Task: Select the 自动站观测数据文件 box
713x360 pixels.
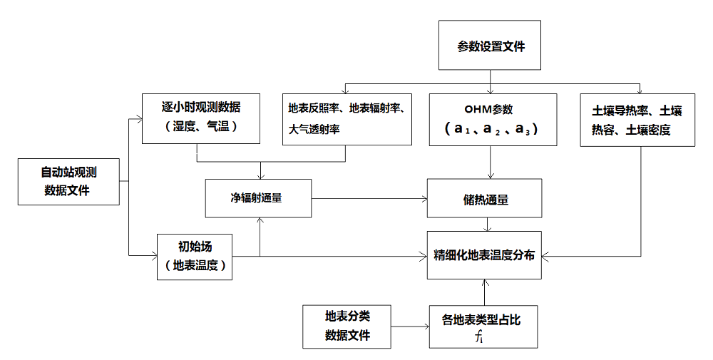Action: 68,181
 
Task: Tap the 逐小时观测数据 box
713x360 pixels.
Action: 201,118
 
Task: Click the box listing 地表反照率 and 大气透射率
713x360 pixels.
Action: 347,119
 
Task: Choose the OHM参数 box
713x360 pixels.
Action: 488,120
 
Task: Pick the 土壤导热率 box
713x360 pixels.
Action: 637,120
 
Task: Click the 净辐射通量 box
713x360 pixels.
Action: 258,197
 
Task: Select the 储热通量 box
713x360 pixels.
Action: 488,199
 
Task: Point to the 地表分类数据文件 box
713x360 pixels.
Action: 347,326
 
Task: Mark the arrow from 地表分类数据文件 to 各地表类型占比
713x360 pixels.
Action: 410,327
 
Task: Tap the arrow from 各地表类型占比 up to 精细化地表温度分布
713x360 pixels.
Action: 484,292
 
